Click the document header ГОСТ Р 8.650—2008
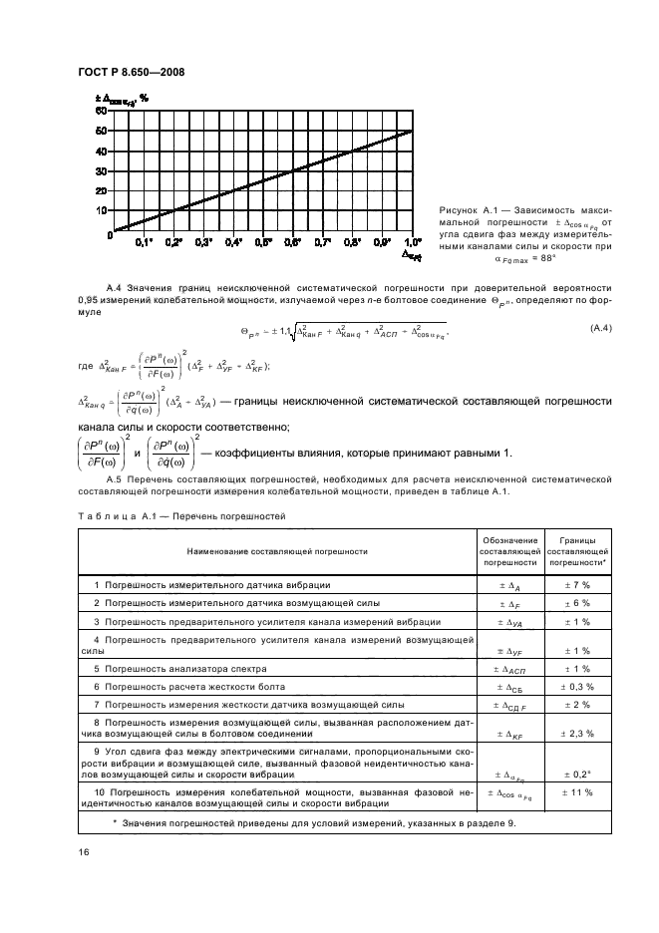(x=129, y=71)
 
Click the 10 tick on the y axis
(x=100, y=210)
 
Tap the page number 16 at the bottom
(x=85, y=852)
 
